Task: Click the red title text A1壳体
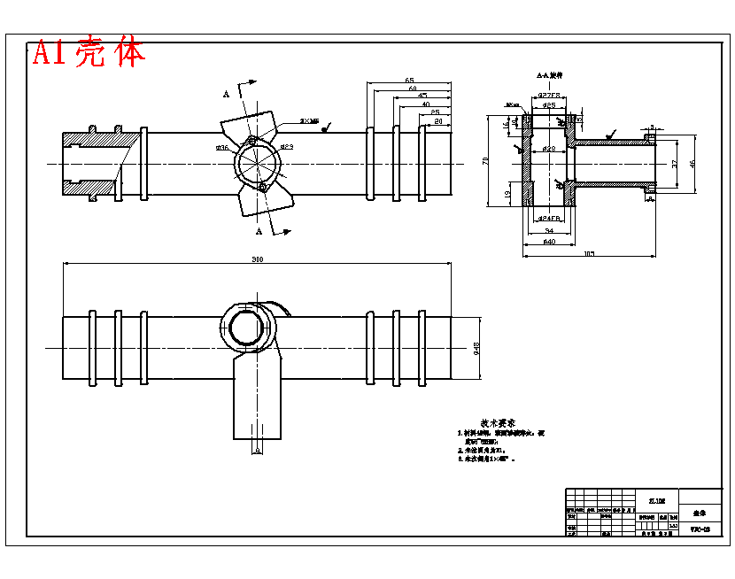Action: [89, 53]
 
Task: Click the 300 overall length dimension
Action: [258, 259]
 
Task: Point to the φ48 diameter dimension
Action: [476, 347]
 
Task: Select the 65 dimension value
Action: [409, 81]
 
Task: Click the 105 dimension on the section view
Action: [589, 253]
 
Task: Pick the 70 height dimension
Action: [485, 160]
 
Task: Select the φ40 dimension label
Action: [548, 241]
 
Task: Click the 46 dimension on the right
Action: [693, 163]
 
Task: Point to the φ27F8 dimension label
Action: [549, 95]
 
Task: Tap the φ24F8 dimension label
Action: [549, 217]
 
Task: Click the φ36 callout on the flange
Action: [221, 148]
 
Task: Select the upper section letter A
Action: [227, 93]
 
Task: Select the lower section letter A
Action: [259, 231]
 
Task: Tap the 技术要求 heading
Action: [498, 423]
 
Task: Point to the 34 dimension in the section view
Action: [549, 230]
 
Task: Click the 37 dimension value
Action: [675, 164]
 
